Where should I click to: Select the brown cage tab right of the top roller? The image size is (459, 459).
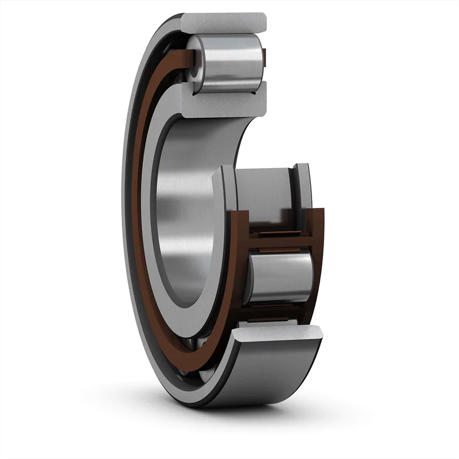[264, 56]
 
